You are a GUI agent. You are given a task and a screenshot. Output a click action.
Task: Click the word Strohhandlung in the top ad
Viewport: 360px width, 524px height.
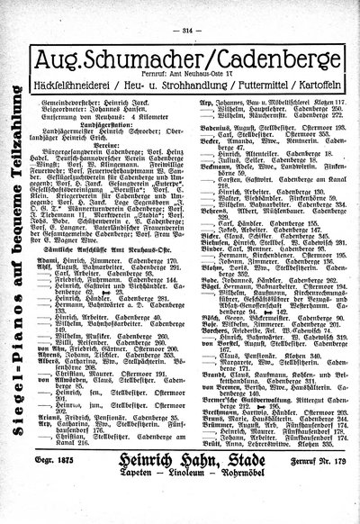pos(177,74)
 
